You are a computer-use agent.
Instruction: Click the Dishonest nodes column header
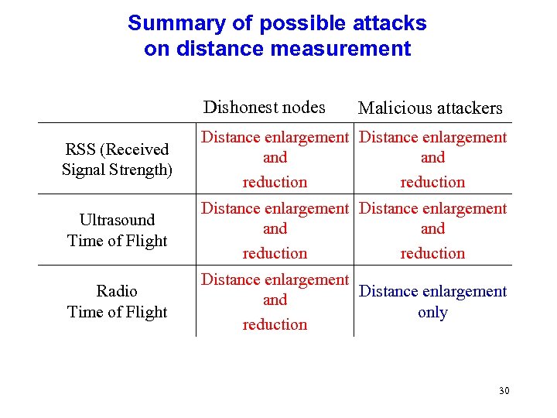point(264,107)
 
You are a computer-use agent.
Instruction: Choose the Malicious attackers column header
point(430,108)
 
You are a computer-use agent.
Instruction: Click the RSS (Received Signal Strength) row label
point(117,159)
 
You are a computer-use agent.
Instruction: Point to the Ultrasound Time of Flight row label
point(117,230)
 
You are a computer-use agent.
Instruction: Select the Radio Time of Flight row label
point(117,301)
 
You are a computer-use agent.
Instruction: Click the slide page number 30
point(504,391)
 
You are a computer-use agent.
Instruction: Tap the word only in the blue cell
point(432,313)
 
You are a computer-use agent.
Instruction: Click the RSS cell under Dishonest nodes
point(275,159)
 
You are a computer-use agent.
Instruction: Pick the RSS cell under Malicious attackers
point(432,159)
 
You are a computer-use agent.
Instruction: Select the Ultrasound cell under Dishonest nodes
point(275,230)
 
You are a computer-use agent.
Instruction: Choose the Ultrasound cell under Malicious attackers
point(432,230)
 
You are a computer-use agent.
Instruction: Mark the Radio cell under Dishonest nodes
point(275,301)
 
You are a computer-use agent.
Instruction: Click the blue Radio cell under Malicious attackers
point(432,301)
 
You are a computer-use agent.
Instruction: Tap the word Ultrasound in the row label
point(117,220)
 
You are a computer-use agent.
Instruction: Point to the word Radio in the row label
point(117,291)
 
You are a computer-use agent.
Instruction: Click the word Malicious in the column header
point(391,108)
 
